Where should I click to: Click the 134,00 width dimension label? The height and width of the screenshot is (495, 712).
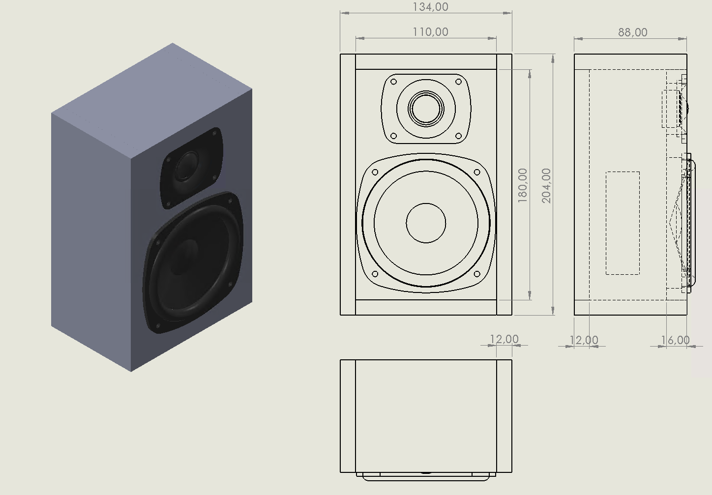point(430,7)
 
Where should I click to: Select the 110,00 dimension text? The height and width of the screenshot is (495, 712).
point(430,32)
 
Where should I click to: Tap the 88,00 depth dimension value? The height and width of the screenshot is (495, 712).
point(632,32)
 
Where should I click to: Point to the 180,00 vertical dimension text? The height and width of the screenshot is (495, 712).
point(522,185)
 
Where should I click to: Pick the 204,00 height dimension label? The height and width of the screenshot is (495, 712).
point(546,185)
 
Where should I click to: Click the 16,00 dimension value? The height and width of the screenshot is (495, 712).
point(675,340)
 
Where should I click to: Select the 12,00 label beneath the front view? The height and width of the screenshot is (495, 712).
point(504,339)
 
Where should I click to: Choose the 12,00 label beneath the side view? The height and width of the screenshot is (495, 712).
point(584,340)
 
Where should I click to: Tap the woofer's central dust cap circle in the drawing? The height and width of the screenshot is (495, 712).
point(426,223)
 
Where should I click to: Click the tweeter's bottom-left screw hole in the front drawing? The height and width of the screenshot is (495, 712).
point(393,136)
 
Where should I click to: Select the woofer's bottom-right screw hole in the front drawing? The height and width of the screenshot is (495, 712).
point(476,274)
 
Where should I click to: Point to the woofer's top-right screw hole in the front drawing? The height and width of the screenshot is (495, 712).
point(476,173)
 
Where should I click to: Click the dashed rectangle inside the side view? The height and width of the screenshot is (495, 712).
point(623,223)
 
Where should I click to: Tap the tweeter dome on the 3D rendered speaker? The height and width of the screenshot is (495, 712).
point(187,165)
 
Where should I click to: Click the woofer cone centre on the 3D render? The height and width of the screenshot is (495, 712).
point(184,256)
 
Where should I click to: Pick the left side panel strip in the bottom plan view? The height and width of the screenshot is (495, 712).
point(348,416)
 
